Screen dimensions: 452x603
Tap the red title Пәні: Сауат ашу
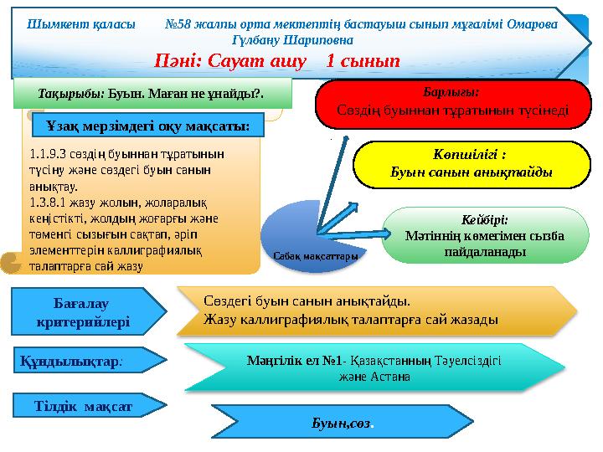[276, 60]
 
